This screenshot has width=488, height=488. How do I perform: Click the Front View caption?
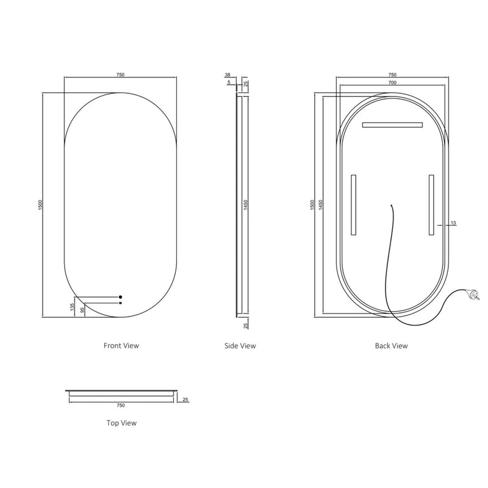coord(121,345)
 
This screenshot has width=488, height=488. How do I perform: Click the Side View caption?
coord(240,346)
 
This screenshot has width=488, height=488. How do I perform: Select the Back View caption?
coord(391,346)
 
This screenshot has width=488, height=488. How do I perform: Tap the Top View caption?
coord(121,422)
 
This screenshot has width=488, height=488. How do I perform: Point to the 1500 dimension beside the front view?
coord(40,205)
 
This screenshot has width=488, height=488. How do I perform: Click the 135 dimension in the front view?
coord(73,307)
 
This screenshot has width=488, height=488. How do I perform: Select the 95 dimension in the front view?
coord(82,310)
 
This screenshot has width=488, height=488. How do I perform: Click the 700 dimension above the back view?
coord(391,82)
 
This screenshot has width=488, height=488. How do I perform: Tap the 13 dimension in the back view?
coord(453,223)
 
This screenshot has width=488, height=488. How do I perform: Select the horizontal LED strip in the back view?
coord(392,125)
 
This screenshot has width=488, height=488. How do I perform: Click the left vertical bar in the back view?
coord(353,205)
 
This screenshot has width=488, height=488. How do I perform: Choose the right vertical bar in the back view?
coord(431,205)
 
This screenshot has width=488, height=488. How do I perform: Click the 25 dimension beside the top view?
coord(186,400)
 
